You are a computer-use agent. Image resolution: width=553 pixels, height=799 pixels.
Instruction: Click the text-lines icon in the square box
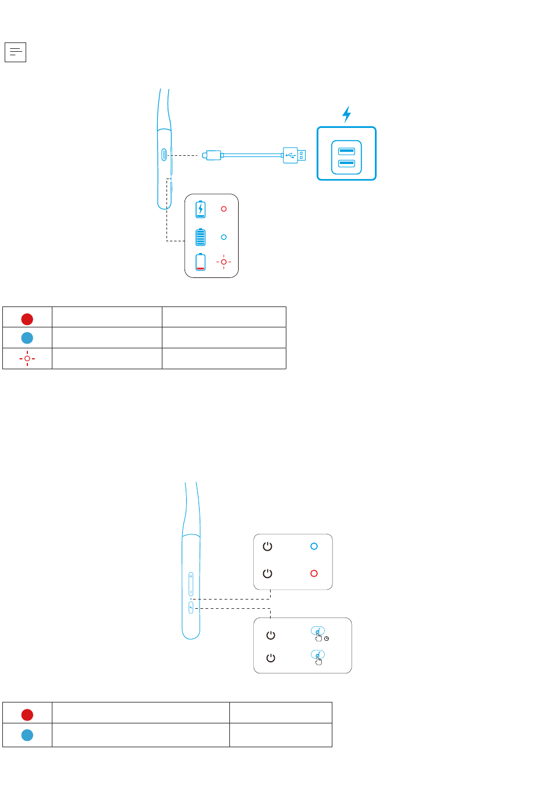pyautogui.click(x=15, y=52)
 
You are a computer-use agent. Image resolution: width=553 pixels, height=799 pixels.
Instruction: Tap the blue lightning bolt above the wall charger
pyautogui.click(x=347, y=114)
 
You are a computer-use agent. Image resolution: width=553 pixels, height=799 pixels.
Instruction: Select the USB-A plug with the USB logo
pyautogui.click(x=295, y=155)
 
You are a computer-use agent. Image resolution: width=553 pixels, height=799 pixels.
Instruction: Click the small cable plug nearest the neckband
pyautogui.click(x=212, y=155)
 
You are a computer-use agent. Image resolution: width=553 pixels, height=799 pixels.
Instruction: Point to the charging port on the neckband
pyautogui.click(x=165, y=155)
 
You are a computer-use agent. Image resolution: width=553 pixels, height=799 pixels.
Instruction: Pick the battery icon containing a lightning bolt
pyautogui.click(x=200, y=209)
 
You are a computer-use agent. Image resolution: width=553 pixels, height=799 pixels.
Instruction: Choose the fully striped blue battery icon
pyautogui.click(x=200, y=237)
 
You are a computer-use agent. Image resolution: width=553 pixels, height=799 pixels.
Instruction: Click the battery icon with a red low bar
pyautogui.click(x=200, y=262)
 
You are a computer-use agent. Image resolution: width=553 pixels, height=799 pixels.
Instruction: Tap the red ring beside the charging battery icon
pyautogui.click(x=224, y=209)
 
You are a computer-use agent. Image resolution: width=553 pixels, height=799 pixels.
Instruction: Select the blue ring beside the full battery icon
pyautogui.click(x=224, y=237)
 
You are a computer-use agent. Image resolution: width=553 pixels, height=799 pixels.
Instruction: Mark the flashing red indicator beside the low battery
pyautogui.click(x=224, y=262)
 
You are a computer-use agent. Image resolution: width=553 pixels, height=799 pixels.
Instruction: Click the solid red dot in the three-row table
pyautogui.click(x=27, y=319)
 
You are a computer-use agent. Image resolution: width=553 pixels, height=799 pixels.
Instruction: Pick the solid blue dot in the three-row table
pyautogui.click(x=27, y=338)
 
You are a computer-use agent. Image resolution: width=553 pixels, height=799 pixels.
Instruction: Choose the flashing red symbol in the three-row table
pyautogui.click(x=27, y=358)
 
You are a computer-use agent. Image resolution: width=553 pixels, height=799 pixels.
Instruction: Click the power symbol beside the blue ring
pyautogui.click(x=267, y=547)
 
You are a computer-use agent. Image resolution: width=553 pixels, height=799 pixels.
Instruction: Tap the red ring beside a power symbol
pyautogui.click(x=314, y=573)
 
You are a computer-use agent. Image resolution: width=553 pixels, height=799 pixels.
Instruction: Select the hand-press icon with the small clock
pyautogui.click(x=318, y=634)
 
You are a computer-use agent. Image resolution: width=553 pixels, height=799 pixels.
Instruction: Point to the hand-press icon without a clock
pyautogui.click(x=318, y=658)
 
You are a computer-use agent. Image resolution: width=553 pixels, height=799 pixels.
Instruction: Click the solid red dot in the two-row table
pyautogui.click(x=27, y=715)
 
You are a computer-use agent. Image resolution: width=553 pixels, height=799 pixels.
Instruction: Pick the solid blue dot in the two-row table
pyautogui.click(x=27, y=735)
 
